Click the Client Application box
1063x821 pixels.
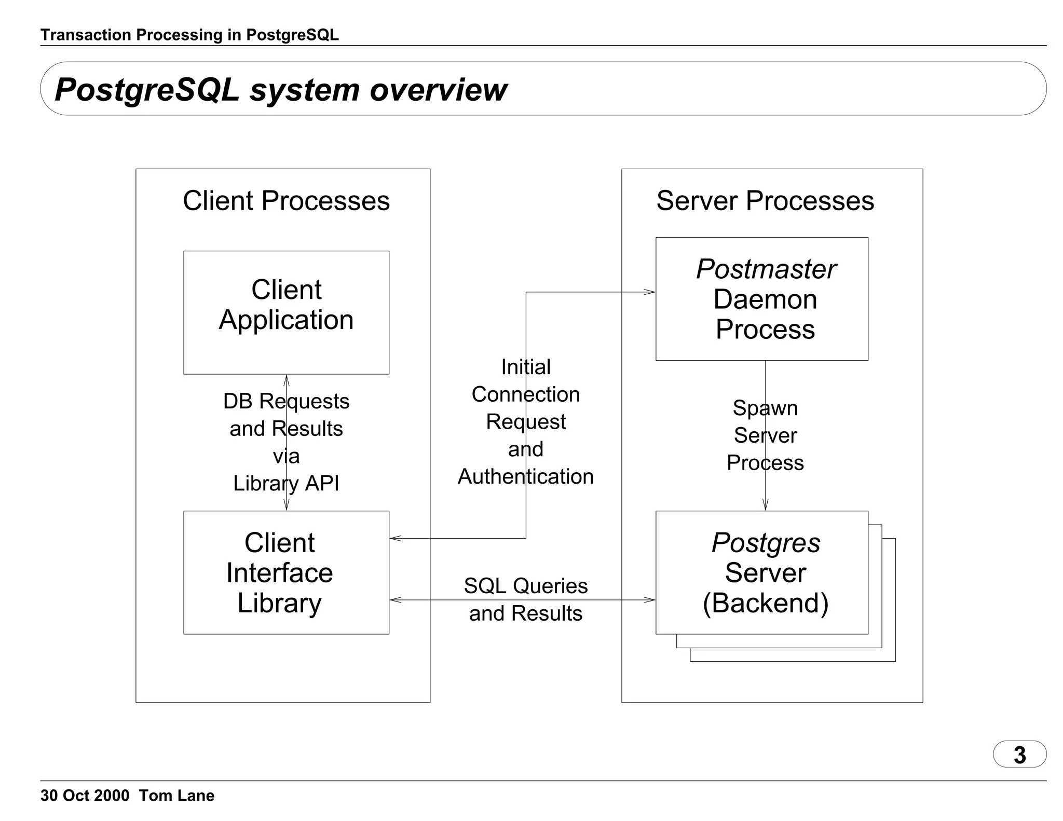286,312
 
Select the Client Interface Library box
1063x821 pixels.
286,572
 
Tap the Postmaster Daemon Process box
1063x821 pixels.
761,298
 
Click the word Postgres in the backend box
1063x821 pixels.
766,543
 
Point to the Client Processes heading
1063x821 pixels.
286,201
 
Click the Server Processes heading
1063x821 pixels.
765,201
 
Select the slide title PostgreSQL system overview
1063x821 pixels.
280,89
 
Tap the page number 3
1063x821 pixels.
1019,755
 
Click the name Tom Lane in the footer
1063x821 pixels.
176,796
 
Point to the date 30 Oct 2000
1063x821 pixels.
85,796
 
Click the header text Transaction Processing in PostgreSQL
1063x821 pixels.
189,35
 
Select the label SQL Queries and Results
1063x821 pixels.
525,599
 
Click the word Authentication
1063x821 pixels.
525,476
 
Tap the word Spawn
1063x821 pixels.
765,408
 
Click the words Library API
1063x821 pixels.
286,483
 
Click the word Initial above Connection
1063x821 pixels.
525,367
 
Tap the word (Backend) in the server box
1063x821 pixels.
765,603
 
